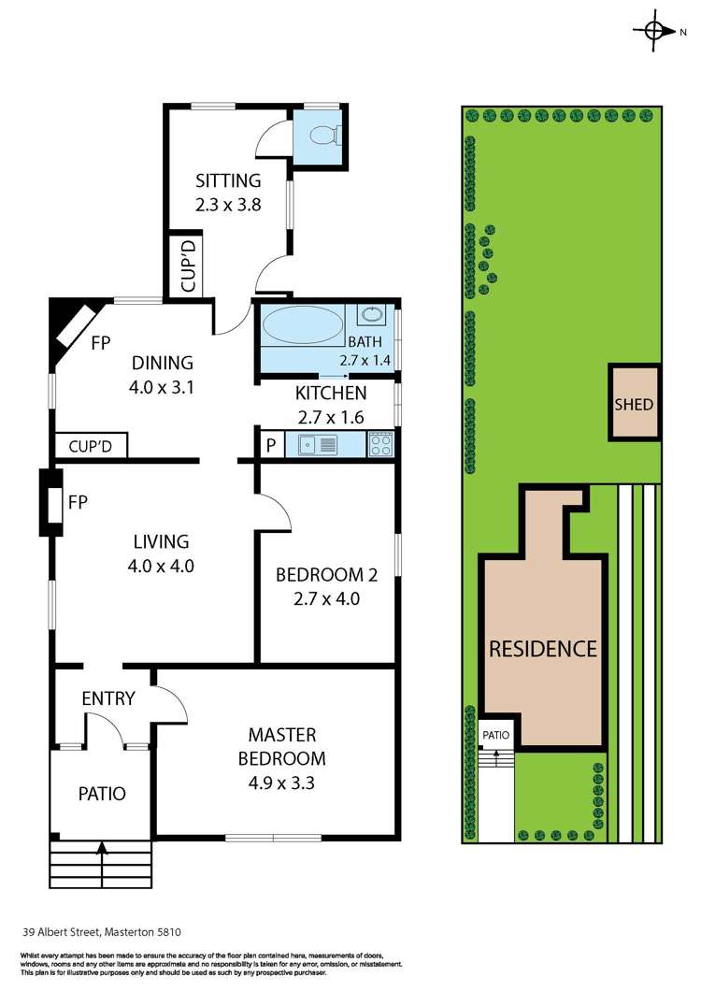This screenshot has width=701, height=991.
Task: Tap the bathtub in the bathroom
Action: click(303, 328)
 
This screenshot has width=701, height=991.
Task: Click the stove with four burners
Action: click(380, 445)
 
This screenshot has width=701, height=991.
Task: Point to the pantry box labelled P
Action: click(270, 446)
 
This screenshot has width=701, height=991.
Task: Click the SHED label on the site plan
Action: click(634, 405)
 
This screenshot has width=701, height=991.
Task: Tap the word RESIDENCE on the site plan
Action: click(542, 648)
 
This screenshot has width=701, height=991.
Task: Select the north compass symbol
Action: click(656, 30)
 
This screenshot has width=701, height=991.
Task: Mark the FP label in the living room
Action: click(78, 503)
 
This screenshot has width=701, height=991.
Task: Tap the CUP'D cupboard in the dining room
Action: click(90, 447)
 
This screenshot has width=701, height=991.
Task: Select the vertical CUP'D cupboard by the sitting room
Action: click(187, 267)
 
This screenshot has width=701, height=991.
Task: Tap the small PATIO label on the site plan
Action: click(495, 735)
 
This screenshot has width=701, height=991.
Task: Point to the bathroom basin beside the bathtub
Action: click(371, 314)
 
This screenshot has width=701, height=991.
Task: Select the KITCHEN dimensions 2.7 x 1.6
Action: click(330, 417)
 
